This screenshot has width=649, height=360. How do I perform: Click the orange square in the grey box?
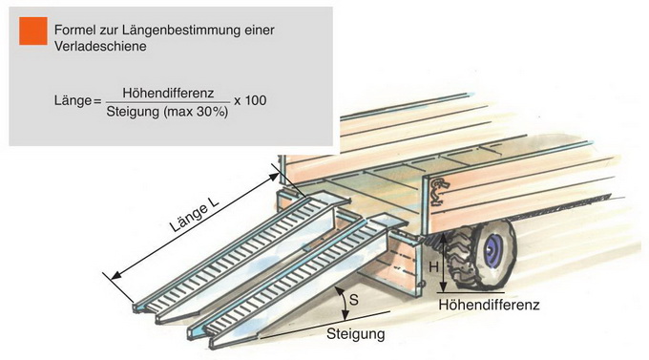click(33, 31)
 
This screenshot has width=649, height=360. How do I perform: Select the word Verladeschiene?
click(100, 47)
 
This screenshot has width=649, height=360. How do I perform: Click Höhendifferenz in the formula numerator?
click(168, 93)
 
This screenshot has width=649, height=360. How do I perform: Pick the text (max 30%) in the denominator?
click(196, 112)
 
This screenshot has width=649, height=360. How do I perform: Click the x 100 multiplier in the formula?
click(250, 100)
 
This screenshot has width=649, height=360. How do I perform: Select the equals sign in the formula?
click(97, 101)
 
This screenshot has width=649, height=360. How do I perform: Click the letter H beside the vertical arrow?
click(433, 267)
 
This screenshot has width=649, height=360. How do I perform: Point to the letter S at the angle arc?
click(354, 299)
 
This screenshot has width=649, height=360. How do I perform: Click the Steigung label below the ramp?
click(356, 334)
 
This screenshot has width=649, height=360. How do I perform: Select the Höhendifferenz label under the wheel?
click(489, 306)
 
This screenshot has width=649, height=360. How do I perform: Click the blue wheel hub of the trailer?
click(493, 249)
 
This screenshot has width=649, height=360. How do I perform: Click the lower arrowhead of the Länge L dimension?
click(116, 274)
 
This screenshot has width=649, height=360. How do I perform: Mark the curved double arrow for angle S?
click(343, 304)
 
